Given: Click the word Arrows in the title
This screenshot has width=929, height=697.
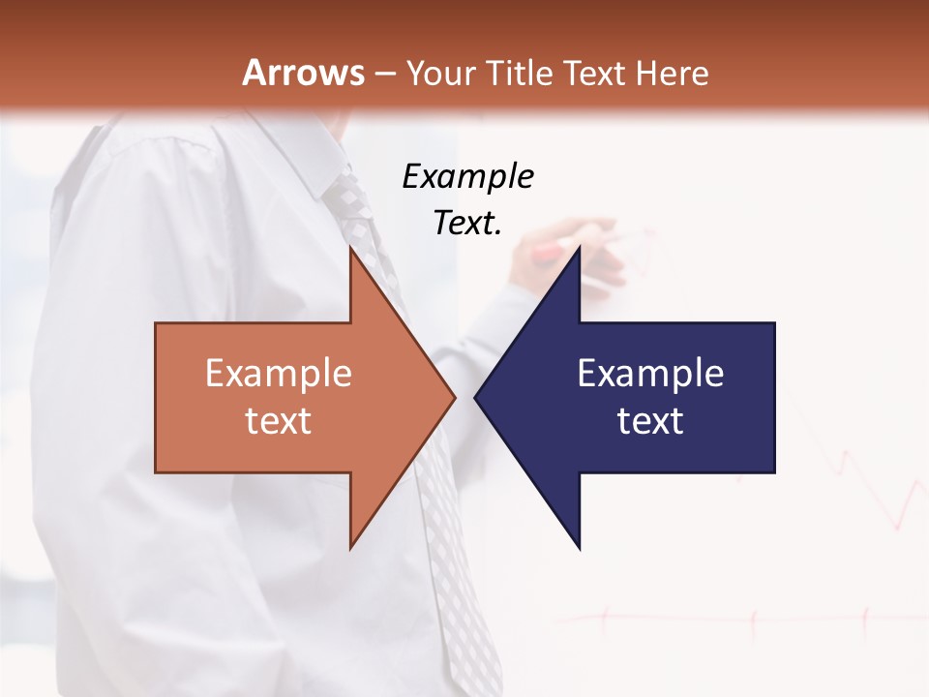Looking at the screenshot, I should coord(303,73).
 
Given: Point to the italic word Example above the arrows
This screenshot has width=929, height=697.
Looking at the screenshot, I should coord(467,177).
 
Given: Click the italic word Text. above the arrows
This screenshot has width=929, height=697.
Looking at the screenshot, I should coord(467,224).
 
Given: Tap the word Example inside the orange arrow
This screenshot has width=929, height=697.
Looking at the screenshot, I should coord(279,374).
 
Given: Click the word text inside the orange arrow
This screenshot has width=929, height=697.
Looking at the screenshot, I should coord(279,421).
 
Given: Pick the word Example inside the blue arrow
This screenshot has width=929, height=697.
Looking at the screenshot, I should coord(650,374).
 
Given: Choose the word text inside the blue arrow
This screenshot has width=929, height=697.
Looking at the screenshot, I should coord(650,421).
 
